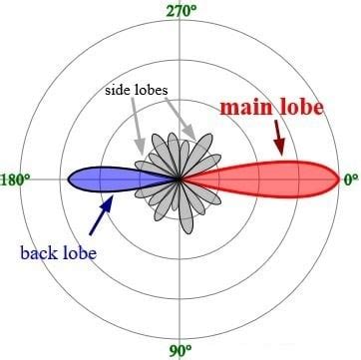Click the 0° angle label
pyautogui.click(x=351, y=180)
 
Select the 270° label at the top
pyautogui.click(x=180, y=10)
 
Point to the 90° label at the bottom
pyautogui.click(x=180, y=350)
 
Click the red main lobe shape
pyautogui.click(x=269, y=180)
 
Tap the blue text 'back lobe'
pyautogui.click(x=58, y=252)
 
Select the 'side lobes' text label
pyautogui.click(x=136, y=89)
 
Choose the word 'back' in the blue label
pyautogui.click(x=38, y=252)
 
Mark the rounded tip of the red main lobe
pyautogui.click(x=336, y=180)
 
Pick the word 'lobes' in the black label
pyautogui.click(x=152, y=89)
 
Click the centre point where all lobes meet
pyautogui.click(x=180, y=180)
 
